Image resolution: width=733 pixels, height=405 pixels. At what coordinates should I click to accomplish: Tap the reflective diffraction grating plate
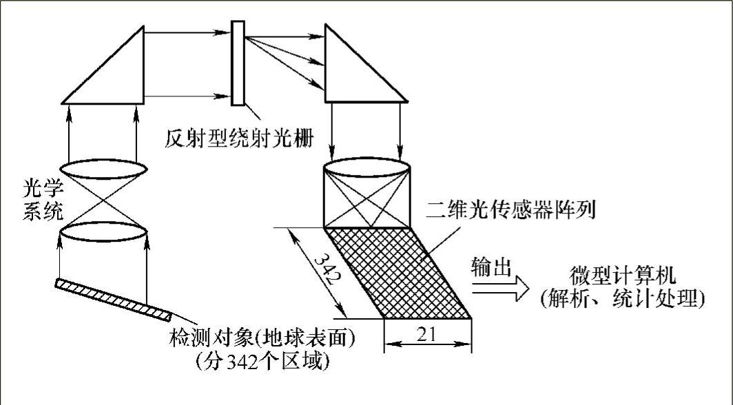(238, 63)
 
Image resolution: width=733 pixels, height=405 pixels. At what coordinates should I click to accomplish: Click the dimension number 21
(427, 334)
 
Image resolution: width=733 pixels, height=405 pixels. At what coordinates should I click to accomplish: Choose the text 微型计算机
(623, 276)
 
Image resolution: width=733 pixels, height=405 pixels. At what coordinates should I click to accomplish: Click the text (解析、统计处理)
(623, 299)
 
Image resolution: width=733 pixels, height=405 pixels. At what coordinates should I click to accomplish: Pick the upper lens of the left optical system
(105, 169)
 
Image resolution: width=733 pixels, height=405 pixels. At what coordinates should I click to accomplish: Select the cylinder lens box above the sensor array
(367, 196)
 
